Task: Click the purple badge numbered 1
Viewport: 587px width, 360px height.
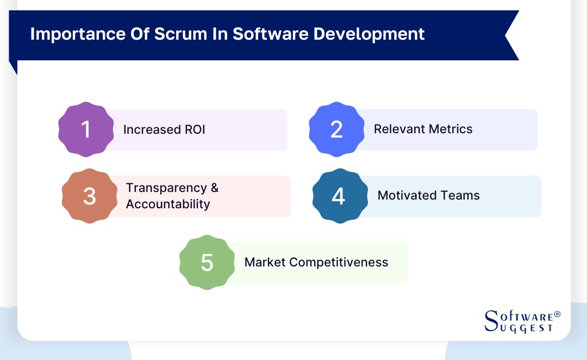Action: (x=86, y=129)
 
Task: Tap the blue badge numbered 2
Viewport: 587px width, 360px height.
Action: (x=336, y=129)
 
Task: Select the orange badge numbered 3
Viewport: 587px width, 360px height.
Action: (x=90, y=196)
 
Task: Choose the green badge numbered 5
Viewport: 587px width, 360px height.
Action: (x=207, y=263)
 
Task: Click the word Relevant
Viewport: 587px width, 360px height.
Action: (x=398, y=129)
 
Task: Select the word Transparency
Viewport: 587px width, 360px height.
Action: (x=166, y=188)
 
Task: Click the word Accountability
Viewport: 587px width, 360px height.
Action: (x=168, y=204)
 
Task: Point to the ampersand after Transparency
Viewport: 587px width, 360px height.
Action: (x=214, y=188)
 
